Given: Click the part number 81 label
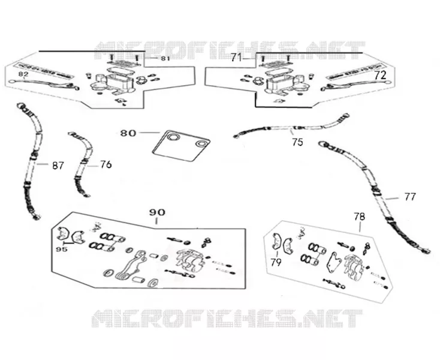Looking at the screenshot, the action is [x=165, y=59].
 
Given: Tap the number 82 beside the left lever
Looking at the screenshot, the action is [x=23, y=74].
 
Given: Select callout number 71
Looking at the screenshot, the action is [x=236, y=58].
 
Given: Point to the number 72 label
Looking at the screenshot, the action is [x=380, y=75].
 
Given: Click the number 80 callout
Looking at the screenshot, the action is [x=128, y=133].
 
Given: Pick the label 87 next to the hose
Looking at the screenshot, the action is [x=58, y=166].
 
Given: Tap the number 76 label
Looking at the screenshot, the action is [x=106, y=164].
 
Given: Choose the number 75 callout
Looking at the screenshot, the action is [x=297, y=142].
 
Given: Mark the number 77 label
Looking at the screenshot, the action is [x=409, y=197].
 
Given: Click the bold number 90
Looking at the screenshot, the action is [x=157, y=212].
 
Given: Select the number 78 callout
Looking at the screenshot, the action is [x=359, y=217].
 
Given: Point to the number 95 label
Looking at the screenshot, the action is [x=62, y=250].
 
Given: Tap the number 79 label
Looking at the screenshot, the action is [x=276, y=262].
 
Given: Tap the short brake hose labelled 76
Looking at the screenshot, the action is [x=82, y=164].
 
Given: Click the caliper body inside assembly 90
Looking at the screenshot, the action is [x=190, y=260].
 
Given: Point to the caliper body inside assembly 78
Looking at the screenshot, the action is [x=354, y=266].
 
